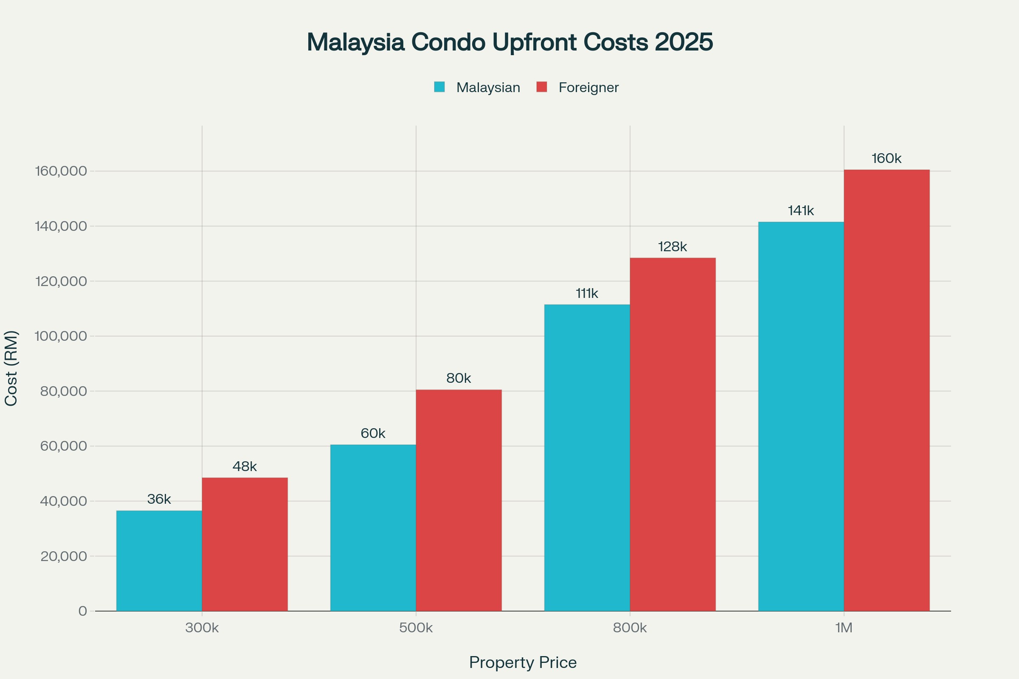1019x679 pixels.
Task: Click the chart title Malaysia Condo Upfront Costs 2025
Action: click(x=509, y=42)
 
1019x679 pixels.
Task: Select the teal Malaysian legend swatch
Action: click(x=439, y=87)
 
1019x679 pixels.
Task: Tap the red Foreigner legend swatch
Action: click(x=542, y=87)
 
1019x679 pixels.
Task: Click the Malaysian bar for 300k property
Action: click(x=159, y=561)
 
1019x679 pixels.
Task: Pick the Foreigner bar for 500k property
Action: click(x=459, y=500)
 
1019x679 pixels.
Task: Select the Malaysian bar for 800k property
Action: click(x=587, y=458)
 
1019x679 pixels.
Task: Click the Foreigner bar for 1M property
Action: click(x=887, y=390)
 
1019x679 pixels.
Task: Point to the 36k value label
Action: click(x=159, y=499)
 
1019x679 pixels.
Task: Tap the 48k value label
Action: click(x=245, y=466)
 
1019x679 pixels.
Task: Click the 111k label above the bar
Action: click(x=587, y=294)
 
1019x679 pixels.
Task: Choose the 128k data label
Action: click(x=673, y=247)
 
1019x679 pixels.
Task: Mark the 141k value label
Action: click(x=801, y=211)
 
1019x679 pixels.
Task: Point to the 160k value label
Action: click(x=887, y=158)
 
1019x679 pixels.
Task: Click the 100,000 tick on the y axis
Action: click(x=61, y=336)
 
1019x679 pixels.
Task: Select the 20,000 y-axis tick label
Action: click(x=64, y=556)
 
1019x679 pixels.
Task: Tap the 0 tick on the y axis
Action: click(x=82, y=612)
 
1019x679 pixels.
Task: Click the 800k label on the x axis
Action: click(x=630, y=628)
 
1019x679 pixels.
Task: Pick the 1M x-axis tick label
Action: click(x=844, y=628)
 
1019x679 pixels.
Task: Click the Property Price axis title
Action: click(x=523, y=662)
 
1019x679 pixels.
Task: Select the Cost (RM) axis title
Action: click(x=11, y=368)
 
